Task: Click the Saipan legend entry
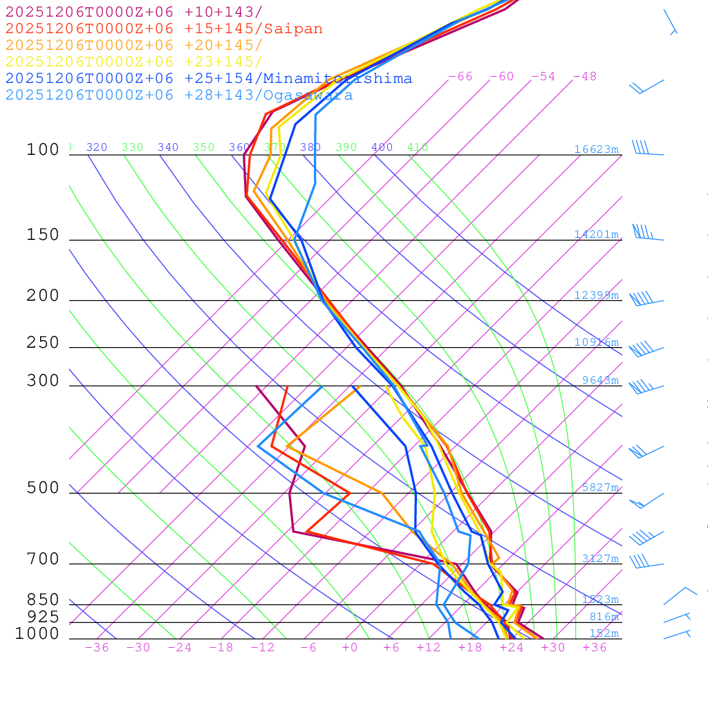coord(164,29)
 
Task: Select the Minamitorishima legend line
coord(209,79)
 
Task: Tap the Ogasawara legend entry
coord(179,95)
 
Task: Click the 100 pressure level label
coord(43,150)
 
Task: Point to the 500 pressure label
coord(43,488)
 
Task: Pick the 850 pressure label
coord(43,599)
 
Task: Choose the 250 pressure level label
coord(43,343)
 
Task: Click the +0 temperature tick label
coord(350,648)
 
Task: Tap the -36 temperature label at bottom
coord(96,648)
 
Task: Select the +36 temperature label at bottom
coord(595,648)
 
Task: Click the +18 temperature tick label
coord(470,648)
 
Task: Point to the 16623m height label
coord(597,149)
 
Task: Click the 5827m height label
coord(600,487)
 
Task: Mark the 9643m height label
coord(600,380)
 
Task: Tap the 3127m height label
coord(600,559)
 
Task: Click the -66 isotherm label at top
coord(460,77)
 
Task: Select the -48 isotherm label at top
coord(584,77)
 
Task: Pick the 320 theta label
coord(97,147)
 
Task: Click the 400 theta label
coord(382,147)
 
